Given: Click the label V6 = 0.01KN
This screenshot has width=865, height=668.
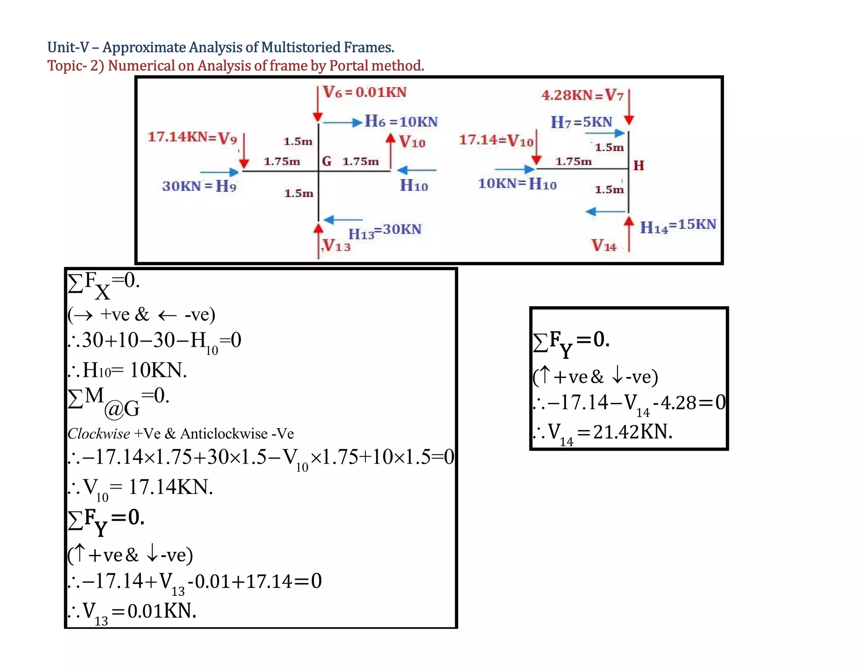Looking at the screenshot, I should tap(364, 92).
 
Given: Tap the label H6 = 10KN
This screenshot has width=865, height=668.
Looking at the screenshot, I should tap(401, 122).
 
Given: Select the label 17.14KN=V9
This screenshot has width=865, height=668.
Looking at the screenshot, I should tap(192, 137).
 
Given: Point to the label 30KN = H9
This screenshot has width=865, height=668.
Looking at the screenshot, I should tap(199, 186).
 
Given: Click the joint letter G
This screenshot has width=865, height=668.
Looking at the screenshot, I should tap(326, 161).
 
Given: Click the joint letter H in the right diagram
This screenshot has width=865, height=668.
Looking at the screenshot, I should tap(639, 166).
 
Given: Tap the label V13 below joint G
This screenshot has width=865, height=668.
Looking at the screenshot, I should tap(337, 245).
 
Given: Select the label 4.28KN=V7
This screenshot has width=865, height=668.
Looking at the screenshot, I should tap(582, 95).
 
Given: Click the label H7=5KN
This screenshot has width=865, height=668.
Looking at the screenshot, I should tap(581, 122).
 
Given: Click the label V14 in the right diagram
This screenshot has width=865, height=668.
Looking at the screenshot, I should tap(604, 245).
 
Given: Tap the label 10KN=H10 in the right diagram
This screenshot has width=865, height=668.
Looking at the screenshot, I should tap(517, 184).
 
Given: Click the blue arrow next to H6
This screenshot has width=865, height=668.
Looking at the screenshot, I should tap(343, 122).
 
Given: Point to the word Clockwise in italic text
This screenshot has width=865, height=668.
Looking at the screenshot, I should tap(99, 434).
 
